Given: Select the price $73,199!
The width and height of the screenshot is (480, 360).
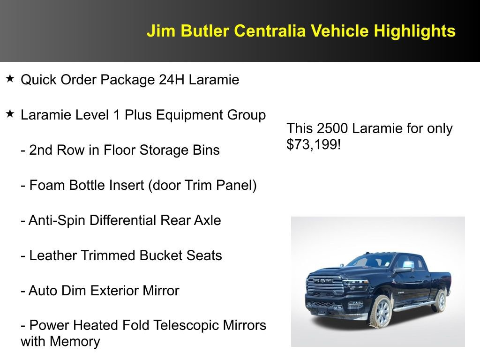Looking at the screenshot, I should (314, 144).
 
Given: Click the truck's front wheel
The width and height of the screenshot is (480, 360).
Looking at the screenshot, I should (382, 312).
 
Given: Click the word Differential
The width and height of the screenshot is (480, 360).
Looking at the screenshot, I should (121, 220).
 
